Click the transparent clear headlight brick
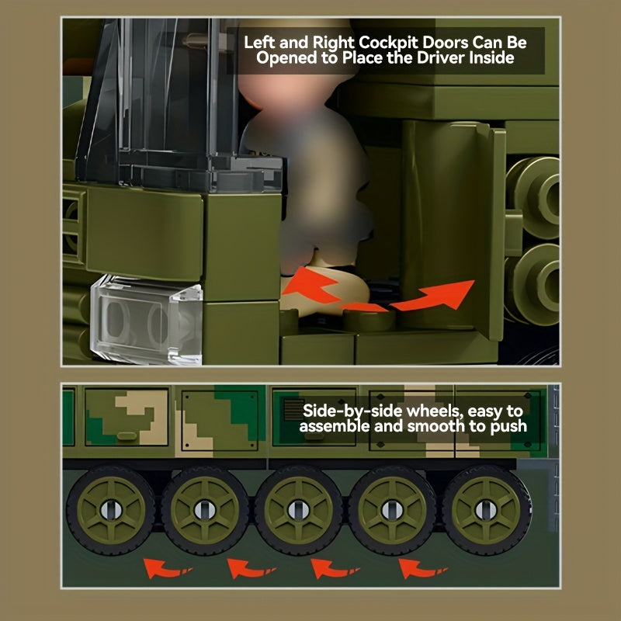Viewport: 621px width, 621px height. click(147, 320)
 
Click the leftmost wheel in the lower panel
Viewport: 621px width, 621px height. click(111, 510)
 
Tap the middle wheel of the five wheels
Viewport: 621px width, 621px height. click(299, 510)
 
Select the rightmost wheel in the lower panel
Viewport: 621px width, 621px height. click(486, 510)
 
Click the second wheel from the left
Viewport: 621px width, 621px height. click(205, 510)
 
